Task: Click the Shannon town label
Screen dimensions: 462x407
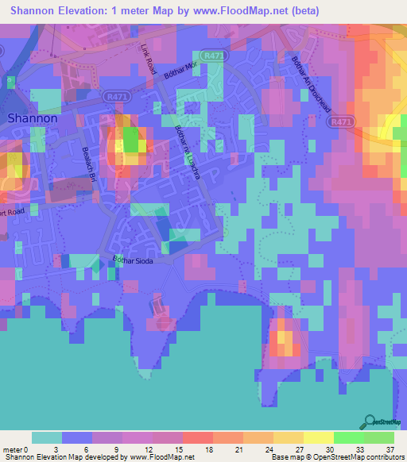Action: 33,117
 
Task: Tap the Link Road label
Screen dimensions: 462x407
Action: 148,60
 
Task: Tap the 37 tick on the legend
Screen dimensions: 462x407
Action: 390,449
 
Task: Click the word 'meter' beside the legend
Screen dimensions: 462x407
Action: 14,449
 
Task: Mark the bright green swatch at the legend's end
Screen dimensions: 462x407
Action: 378,437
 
